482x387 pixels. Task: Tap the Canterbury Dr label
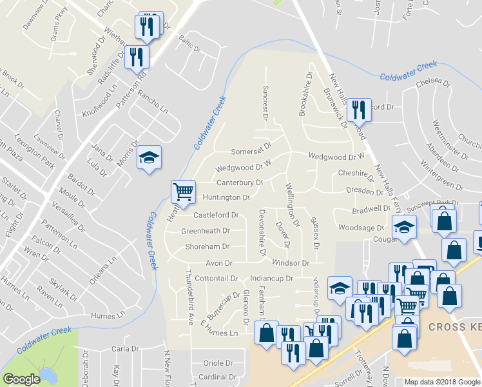239,183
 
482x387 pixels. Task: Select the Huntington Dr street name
226,197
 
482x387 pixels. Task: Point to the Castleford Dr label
217,215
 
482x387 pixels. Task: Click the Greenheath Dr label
206,230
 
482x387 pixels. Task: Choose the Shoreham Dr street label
207,246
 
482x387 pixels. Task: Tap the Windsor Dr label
291,263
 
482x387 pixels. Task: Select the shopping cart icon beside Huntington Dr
183,192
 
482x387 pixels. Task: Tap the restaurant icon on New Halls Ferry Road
359,110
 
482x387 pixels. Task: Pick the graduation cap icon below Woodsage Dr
404,228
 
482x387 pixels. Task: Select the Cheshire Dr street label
356,174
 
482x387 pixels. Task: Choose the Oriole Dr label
217,362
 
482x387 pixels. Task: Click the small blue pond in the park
46,375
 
